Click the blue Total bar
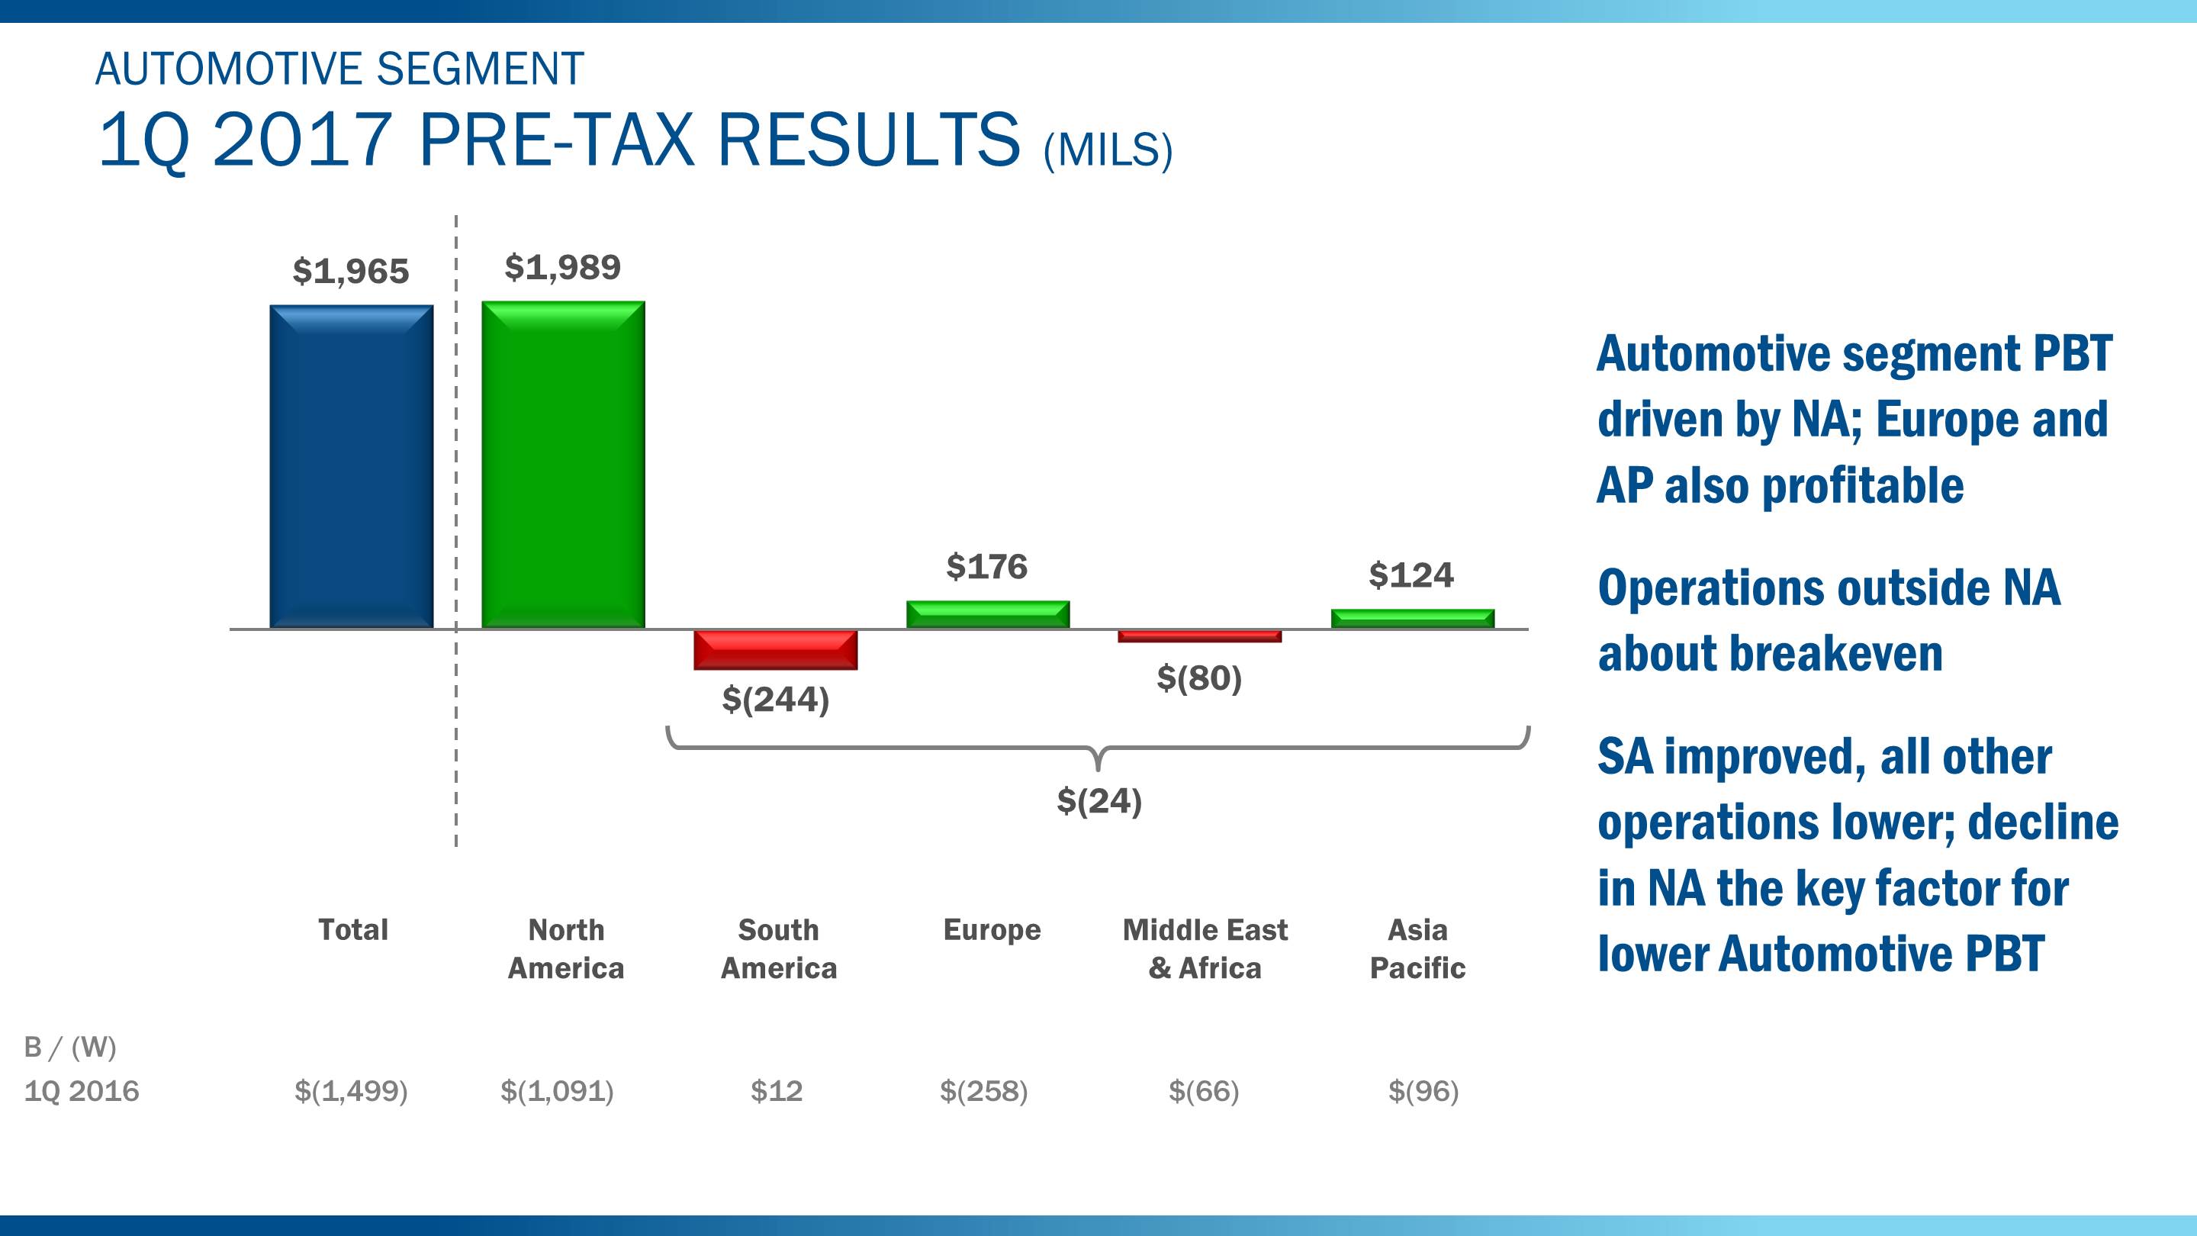(352, 467)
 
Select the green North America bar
(563, 465)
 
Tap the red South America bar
(775, 650)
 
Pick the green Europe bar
(988, 614)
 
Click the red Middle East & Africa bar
(1199, 636)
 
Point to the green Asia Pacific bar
(1412, 619)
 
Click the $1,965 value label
(351, 272)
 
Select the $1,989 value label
(563, 267)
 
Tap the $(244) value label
(775, 700)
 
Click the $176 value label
(987, 566)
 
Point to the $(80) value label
(1199, 678)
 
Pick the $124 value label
(1411, 575)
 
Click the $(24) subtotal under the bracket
(1098, 801)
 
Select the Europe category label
(992, 929)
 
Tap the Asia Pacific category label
(1417, 948)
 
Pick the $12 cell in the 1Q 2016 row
(776, 1091)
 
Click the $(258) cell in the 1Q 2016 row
(983, 1091)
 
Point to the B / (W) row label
(70, 1047)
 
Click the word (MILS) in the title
(1108, 150)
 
